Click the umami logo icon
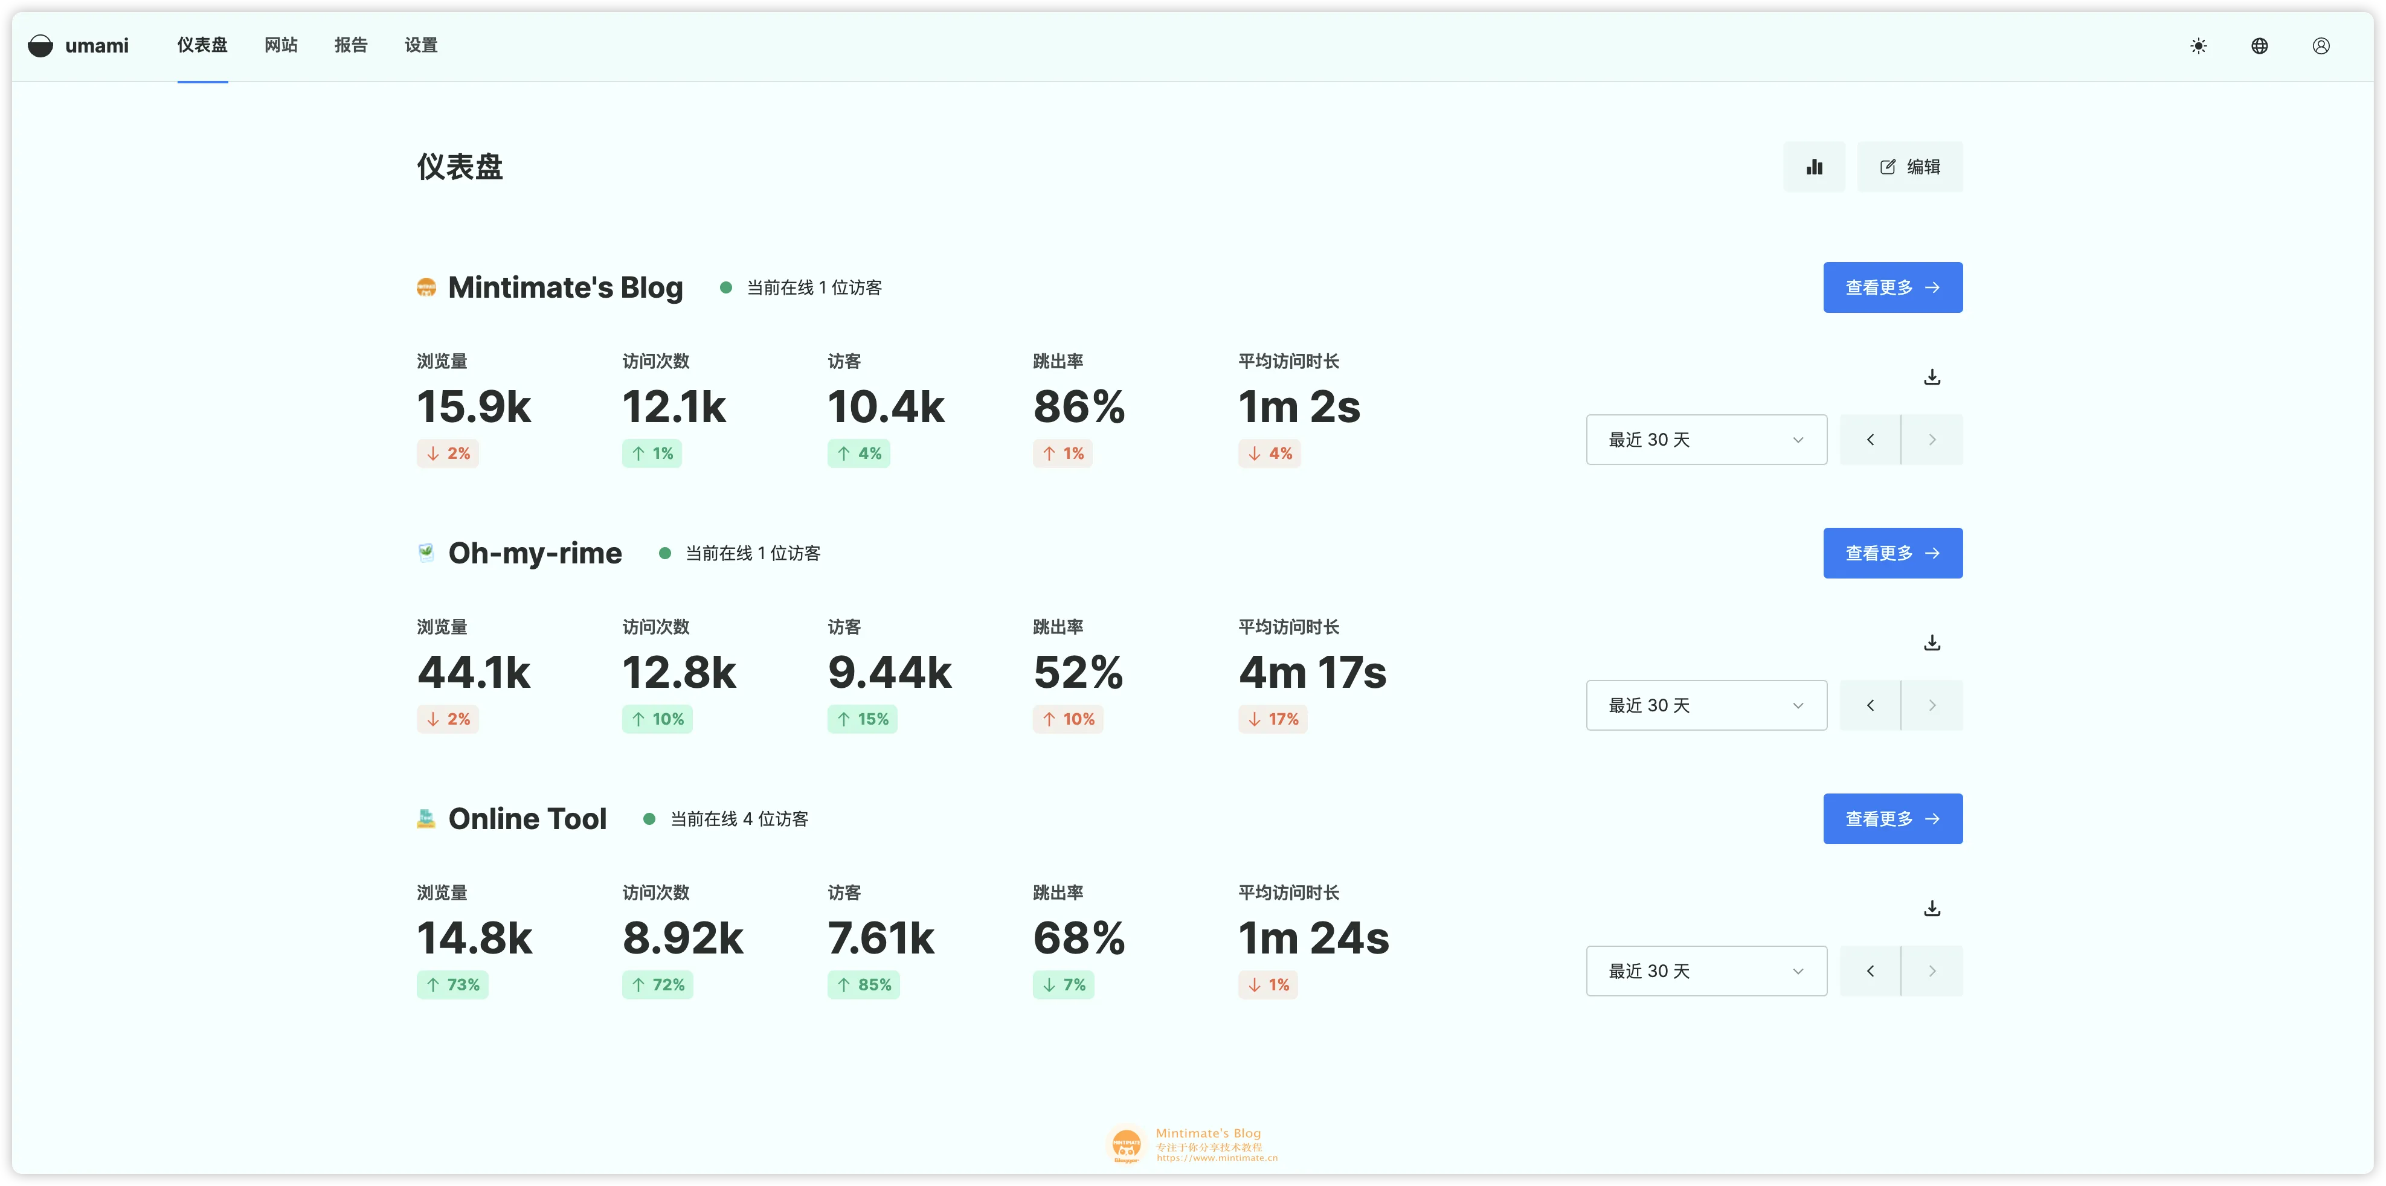coord(40,45)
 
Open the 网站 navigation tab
coord(281,45)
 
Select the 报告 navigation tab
coord(351,45)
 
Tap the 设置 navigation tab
coord(420,45)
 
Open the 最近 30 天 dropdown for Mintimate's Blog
coord(1706,440)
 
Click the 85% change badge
coord(863,985)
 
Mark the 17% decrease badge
coord(1273,719)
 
